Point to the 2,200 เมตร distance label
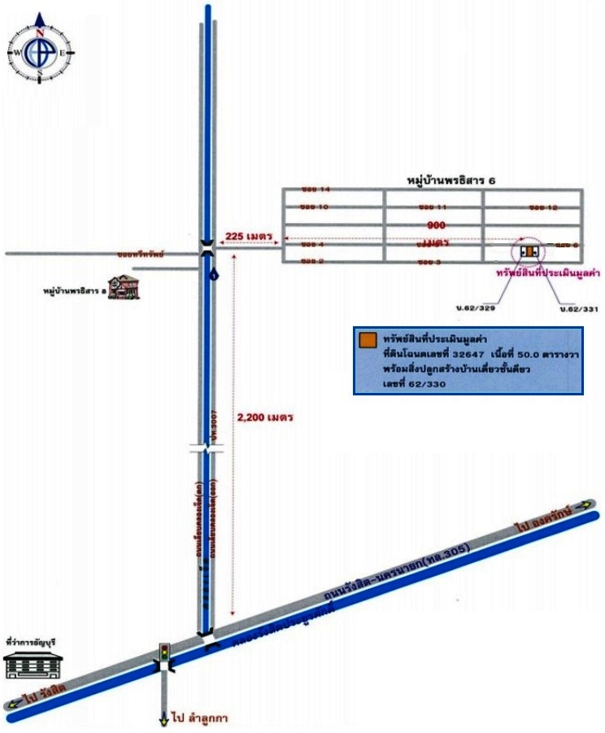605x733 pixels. pyautogui.click(x=264, y=416)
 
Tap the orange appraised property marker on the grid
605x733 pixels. pyautogui.click(x=529, y=251)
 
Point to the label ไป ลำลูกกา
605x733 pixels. pyautogui.click(x=198, y=718)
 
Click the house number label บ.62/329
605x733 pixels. pyautogui.click(x=476, y=308)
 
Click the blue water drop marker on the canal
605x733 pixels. pyautogui.click(x=213, y=275)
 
